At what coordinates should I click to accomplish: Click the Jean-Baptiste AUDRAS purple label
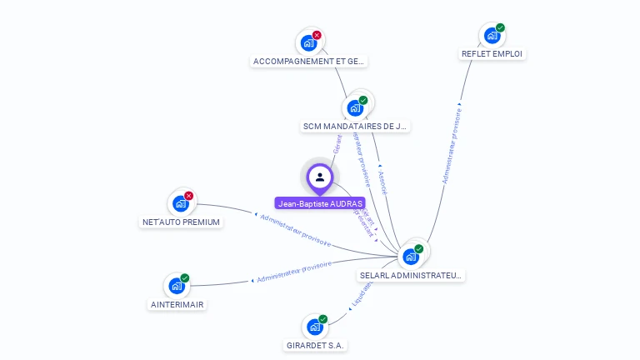click(x=319, y=203)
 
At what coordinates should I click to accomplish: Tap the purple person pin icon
click(x=320, y=177)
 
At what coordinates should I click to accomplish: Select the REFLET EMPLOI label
click(x=492, y=54)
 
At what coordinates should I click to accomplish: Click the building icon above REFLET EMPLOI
click(x=492, y=36)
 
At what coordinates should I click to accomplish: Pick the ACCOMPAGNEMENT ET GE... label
click(x=309, y=62)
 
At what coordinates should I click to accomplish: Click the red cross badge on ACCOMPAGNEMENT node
click(x=317, y=35)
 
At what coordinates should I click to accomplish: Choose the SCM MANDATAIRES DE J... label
click(x=356, y=127)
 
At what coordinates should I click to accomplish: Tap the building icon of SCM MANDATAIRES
click(x=355, y=108)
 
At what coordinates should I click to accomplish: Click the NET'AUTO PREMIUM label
click(x=181, y=222)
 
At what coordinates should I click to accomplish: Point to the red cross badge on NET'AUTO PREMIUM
click(x=188, y=196)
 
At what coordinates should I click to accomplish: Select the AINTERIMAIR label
click(x=177, y=304)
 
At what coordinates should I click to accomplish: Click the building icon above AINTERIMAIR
click(x=176, y=286)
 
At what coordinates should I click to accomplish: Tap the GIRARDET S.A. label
click(x=315, y=345)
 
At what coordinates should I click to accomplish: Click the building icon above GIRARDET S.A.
click(x=314, y=327)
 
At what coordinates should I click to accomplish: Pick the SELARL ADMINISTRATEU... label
click(x=411, y=275)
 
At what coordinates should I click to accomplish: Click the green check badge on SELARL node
click(x=418, y=248)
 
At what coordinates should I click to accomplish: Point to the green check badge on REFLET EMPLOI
click(x=500, y=27)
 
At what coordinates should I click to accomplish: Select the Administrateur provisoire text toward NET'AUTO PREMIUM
click(x=296, y=230)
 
